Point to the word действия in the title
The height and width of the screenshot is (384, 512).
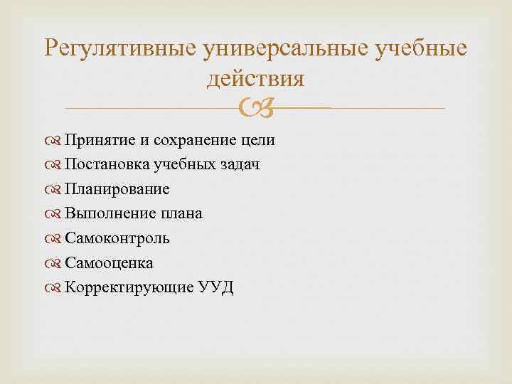(x=255, y=79)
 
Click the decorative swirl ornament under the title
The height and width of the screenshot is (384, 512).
(x=256, y=108)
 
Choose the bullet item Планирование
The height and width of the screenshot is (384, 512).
(x=117, y=189)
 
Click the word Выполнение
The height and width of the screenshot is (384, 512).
(x=105, y=213)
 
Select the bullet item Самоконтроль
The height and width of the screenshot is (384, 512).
(x=117, y=238)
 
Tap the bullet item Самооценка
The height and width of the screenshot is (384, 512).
(x=109, y=262)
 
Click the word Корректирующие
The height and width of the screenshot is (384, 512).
(x=122, y=287)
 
